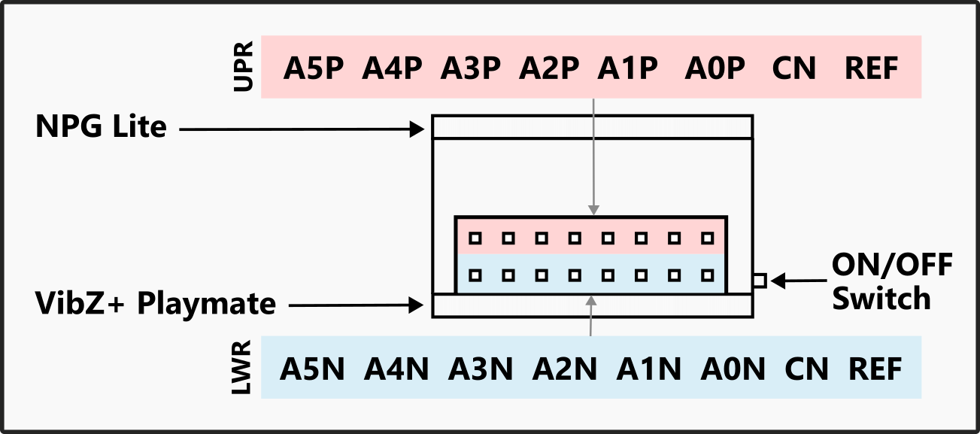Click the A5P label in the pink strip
(314, 69)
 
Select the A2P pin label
(549, 69)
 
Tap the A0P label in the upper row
(715, 69)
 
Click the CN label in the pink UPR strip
(793, 69)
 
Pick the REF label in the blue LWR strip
(875, 369)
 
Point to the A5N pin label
(312, 369)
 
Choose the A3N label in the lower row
(481, 369)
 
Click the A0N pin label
(733, 369)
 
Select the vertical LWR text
(242, 368)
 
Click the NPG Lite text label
(101, 127)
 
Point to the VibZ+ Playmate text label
(156, 304)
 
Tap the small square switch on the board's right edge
(760, 281)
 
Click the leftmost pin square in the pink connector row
(475, 238)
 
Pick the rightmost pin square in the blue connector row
(707, 275)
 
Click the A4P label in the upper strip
(392, 69)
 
